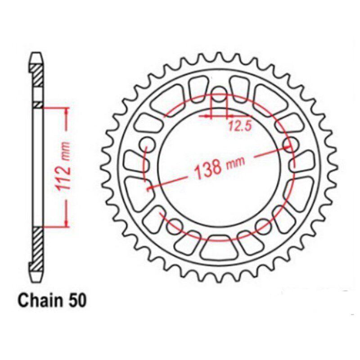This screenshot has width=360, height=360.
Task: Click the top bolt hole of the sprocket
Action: coord(219,94)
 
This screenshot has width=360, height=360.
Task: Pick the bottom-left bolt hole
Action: coord(175,226)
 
